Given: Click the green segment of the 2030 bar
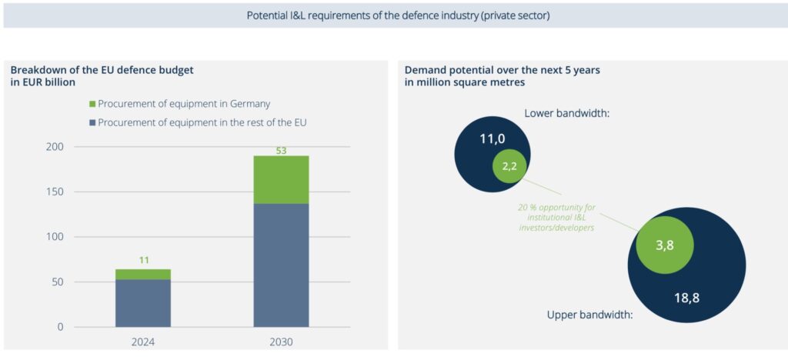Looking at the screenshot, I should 281,179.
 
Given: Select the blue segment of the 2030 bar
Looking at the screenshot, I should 281,265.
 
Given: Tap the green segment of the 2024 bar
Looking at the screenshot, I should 143,274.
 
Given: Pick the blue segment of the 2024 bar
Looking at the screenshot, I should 143,303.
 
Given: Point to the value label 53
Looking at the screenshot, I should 281,150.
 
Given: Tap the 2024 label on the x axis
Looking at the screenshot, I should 143,342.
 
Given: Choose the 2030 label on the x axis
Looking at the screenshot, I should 281,342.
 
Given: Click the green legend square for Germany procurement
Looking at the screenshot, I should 92,104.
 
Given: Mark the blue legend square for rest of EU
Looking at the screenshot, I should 92,122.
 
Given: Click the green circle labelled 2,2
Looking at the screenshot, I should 509,165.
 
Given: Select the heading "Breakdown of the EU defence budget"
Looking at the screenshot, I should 102,69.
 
